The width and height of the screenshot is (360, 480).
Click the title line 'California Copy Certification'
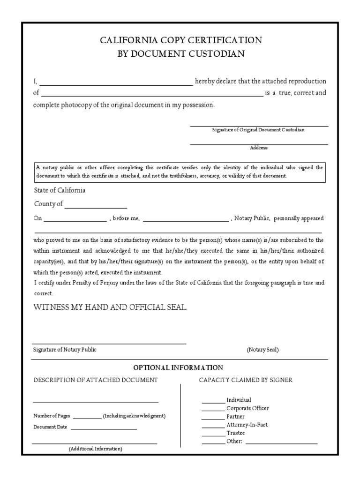pos(180,40)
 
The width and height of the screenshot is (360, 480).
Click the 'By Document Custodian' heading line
pos(180,54)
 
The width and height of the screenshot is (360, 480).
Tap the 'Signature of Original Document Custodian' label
pos(258,130)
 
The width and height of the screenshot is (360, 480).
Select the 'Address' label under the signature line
pos(259,148)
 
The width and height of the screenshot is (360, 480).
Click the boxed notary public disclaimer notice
pos(180,172)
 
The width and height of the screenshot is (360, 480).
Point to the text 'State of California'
pos(60,190)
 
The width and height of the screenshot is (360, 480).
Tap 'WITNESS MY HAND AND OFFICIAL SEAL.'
pos(110,307)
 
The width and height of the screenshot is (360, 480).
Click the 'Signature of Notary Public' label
pos(65,350)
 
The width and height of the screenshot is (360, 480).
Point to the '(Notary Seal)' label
pos(263,350)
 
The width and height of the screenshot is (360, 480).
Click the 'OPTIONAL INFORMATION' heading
pos(178,367)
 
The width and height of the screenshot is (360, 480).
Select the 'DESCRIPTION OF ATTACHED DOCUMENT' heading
pos(96,380)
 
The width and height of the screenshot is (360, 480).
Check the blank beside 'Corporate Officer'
pos(213,409)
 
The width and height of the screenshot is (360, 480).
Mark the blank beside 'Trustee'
pos(213,434)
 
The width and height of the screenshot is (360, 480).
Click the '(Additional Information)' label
pos(96,449)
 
